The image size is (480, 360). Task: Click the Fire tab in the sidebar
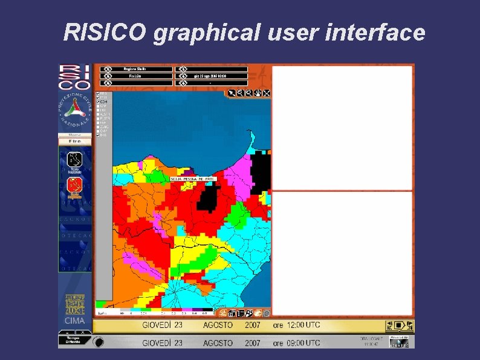point(75,141)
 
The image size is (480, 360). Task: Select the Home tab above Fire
point(75,134)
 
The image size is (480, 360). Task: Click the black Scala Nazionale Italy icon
point(75,162)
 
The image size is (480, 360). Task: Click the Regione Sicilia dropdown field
point(137,69)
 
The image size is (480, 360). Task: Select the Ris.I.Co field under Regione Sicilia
point(137,76)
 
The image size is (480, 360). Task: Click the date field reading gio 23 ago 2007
point(212,76)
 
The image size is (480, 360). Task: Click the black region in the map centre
point(210,198)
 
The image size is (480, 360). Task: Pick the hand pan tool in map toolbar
point(258,93)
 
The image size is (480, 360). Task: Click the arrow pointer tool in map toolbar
point(232,93)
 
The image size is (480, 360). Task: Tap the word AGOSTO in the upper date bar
point(218,326)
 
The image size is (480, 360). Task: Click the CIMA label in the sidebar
point(75,320)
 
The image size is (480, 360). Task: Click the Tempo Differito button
point(75,338)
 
